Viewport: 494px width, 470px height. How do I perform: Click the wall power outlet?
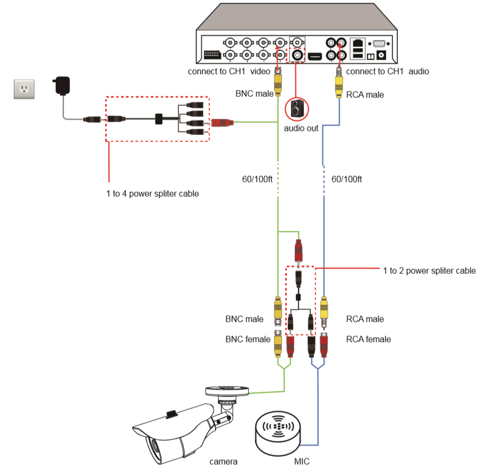click(24, 89)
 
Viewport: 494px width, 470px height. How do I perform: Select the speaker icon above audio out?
click(296, 108)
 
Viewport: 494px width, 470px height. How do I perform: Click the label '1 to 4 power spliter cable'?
click(152, 194)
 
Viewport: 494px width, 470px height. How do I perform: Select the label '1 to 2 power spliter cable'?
click(429, 271)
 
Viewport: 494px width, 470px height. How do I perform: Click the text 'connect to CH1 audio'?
click(387, 71)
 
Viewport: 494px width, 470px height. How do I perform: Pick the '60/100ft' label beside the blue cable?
click(346, 179)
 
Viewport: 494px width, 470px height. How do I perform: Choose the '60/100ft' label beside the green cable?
click(257, 179)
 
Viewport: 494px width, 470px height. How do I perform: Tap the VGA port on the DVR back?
click(379, 44)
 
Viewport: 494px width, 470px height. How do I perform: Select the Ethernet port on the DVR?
click(359, 43)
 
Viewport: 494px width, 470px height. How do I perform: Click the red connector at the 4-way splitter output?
click(222, 123)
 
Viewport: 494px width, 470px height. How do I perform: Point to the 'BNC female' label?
click(248, 339)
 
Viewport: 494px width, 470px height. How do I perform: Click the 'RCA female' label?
click(368, 339)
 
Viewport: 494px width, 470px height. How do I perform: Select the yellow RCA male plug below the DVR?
click(338, 85)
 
